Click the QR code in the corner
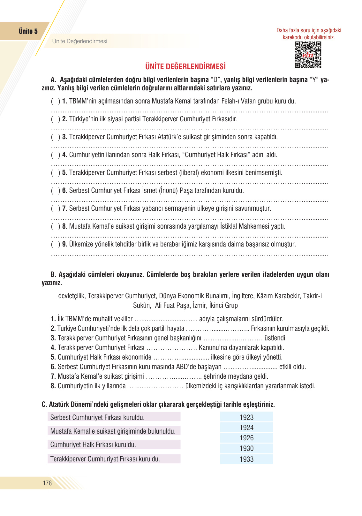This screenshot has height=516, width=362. pos(308,55)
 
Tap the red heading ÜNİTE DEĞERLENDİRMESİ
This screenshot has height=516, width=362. pos(185,66)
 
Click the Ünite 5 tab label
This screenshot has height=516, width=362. pos(28,31)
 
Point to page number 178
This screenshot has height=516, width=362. pos(47,483)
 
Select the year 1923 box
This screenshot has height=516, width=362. pos(246,417)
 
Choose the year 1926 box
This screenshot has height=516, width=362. pos(246,438)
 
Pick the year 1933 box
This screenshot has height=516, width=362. pos(246,459)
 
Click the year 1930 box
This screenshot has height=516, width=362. pos(246,448)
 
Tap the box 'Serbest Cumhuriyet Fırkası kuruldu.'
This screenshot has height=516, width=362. pos(114,417)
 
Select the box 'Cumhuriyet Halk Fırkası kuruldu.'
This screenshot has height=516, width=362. pos(114,444)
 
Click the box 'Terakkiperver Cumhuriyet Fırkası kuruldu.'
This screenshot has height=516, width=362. pos(114,459)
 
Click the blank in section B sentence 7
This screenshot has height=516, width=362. pos(174,376)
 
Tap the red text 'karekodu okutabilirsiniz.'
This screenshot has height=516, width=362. pos(309,37)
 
